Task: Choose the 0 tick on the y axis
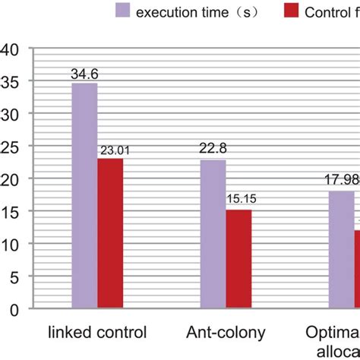(12, 310)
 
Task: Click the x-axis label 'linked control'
(97, 333)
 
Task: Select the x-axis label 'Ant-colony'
(225, 333)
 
